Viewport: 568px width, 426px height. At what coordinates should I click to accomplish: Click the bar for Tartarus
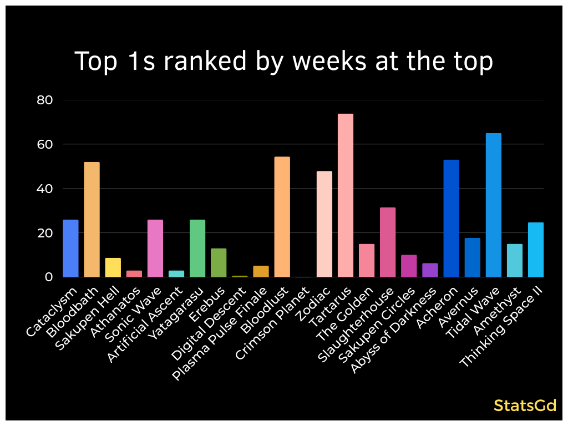[346, 195]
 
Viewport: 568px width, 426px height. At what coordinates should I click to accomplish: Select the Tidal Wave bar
[493, 205]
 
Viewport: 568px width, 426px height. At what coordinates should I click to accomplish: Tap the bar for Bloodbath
[92, 220]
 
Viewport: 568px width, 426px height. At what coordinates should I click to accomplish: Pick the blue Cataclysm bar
[70, 248]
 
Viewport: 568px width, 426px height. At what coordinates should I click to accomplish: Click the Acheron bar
[451, 219]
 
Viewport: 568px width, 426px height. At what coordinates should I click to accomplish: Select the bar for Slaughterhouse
[388, 242]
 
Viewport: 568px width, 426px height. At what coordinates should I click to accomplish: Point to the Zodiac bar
[324, 224]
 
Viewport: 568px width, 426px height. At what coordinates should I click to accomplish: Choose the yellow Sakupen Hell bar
[113, 267]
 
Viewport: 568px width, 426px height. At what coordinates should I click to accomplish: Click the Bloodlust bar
[282, 217]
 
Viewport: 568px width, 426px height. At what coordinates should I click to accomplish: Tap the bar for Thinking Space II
[535, 250]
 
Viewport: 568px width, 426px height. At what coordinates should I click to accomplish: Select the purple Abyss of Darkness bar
[430, 270]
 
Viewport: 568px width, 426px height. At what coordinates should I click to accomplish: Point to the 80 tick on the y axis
[44, 100]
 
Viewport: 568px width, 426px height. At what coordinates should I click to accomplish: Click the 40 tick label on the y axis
[44, 189]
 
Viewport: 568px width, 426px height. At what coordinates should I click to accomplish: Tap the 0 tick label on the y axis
[49, 277]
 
